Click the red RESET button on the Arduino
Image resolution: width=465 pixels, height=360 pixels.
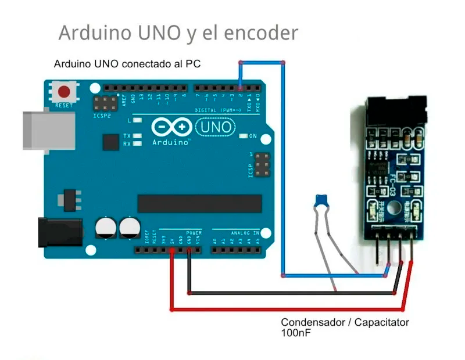[65, 92]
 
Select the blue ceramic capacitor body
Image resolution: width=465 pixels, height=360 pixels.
[320, 201]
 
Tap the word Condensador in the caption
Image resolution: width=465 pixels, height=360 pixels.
[313, 322]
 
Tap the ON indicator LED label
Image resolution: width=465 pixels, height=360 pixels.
[252, 136]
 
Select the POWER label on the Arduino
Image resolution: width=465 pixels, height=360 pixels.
[194, 232]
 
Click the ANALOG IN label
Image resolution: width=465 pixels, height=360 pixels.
[244, 232]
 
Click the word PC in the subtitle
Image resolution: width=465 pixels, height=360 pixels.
[193, 64]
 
